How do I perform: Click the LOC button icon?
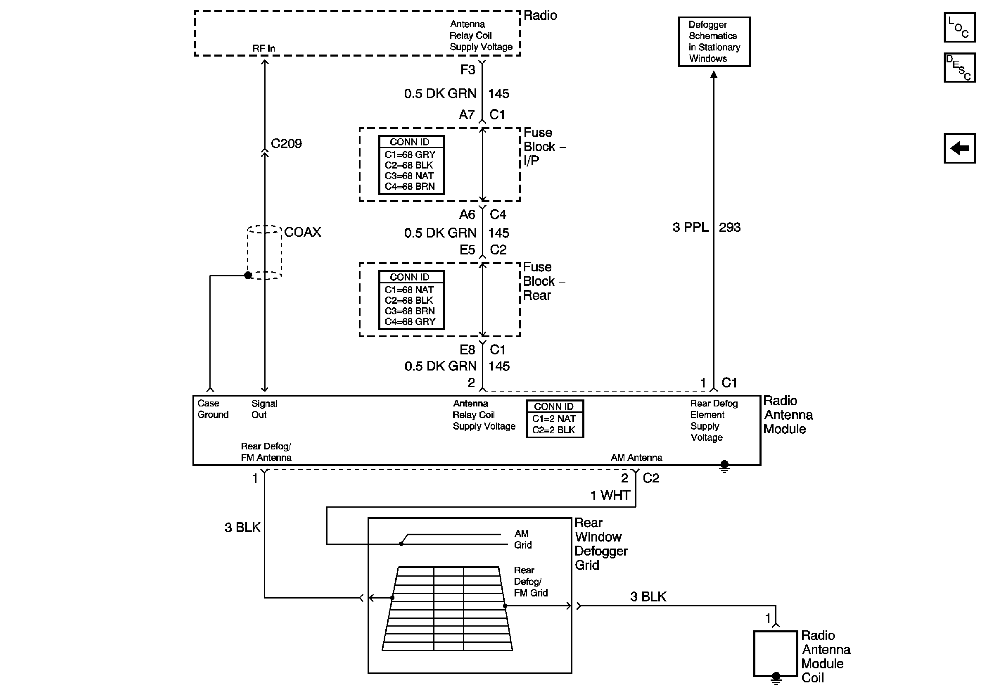coord(959,28)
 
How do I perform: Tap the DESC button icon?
coord(959,67)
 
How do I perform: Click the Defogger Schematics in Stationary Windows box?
coord(714,41)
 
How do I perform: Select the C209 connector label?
coord(286,143)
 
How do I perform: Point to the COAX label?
coord(302,232)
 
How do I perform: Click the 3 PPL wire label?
coord(691,227)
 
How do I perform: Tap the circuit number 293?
coord(730,227)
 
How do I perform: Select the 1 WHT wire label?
coord(610,495)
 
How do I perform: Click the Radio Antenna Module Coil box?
coord(776,653)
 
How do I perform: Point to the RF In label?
coord(263,48)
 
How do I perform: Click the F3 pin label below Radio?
coord(468,69)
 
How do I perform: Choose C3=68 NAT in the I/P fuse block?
coord(409,176)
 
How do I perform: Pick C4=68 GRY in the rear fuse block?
coord(410,321)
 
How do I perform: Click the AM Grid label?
coord(523,539)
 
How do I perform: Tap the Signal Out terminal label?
coord(264,409)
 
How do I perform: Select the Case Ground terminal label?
coord(213,409)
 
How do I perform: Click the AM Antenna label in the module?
coord(636,458)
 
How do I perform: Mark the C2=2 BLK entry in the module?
coord(554,430)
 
